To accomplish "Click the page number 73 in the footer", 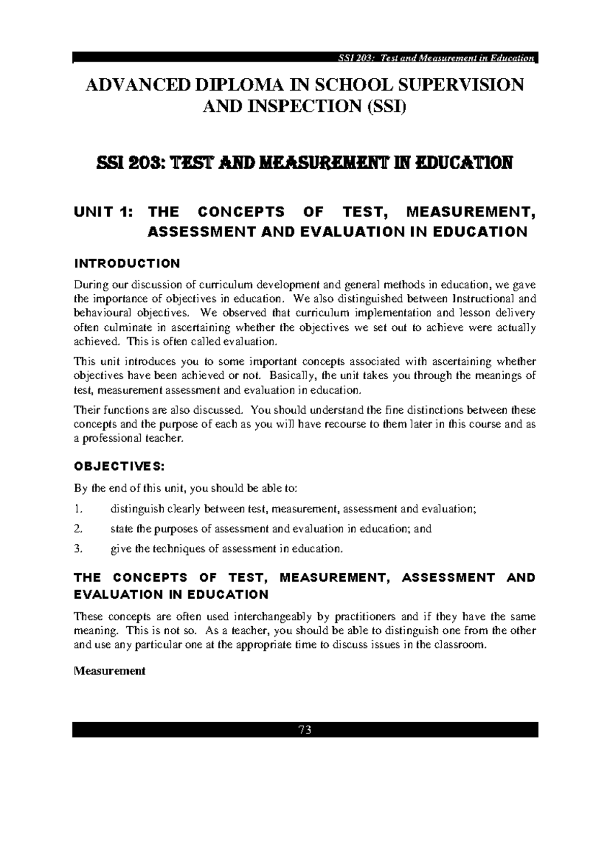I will tap(305, 730).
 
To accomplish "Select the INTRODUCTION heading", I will tap(127, 263).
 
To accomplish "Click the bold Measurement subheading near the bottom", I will tap(110, 671).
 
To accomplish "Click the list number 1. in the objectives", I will tap(77, 509).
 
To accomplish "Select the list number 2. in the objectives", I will tap(77, 529).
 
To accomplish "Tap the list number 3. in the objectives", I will tap(77, 549).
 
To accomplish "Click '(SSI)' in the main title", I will tap(388, 107).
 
